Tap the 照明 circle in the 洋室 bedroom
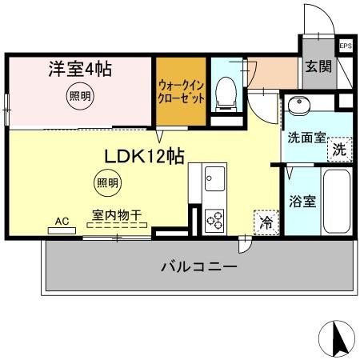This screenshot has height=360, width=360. (78, 95)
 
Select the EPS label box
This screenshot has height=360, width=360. (346, 46)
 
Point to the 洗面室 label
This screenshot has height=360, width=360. (306, 137)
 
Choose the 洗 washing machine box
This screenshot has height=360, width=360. (339, 148)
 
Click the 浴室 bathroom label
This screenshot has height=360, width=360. (302, 201)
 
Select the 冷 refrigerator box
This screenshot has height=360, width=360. (266, 222)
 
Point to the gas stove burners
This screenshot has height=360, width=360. (214, 217)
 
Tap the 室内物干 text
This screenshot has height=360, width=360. (117, 215)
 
